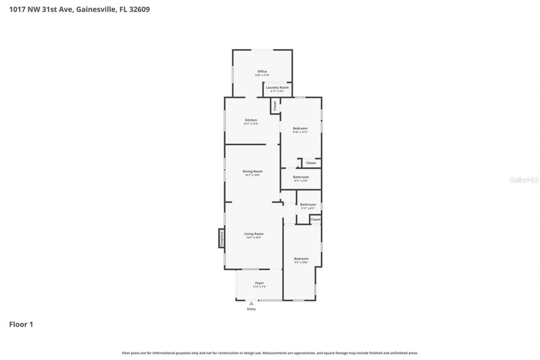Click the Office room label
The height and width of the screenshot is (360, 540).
click(x=262, y=71)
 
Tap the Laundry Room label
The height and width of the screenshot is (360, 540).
click(x=277, y=87)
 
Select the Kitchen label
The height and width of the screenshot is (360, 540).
click(x=251, y=120)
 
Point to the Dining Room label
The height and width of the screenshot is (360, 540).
click(x=252, y=171)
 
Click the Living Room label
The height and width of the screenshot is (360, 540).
click(x=254, y=234)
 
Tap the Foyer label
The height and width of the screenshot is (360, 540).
click(x=259, y=283)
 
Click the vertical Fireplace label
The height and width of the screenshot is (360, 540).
click(x=221, y=238)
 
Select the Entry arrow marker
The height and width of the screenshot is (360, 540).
click(x=251, y=303)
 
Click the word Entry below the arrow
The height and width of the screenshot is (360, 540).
click(x=251, y=309)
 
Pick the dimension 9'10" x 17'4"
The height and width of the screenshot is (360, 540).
click(x=300, y=132)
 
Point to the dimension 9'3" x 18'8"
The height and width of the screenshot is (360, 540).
click(x=301, y=263)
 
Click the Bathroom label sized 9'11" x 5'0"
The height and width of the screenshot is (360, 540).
click(x=301, y=177)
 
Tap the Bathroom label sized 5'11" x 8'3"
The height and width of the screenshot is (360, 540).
click(x=308, y=205)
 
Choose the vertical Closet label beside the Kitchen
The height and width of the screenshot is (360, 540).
click(x=275, y=106)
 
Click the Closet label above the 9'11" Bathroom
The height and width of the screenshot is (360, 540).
click(x=311, y=163)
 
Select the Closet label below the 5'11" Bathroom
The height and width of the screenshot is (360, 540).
click(x=316, y=219)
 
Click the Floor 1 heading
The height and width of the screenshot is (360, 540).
click(x=21, y=324)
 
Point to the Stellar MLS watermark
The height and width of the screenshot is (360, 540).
click(x=524, y=180)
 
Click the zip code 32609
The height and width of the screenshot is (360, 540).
click(x=140, y=8)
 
